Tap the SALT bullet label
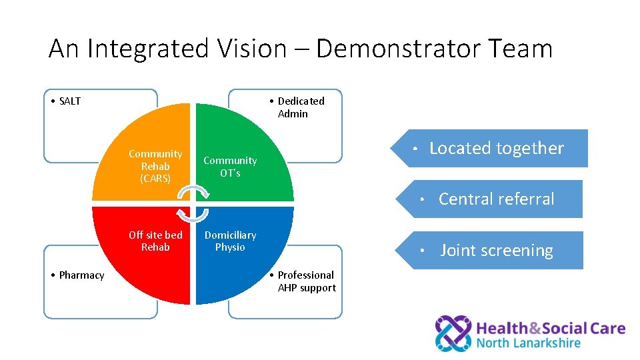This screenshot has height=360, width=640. click(66, 101)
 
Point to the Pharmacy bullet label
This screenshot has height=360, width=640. click(77, 275)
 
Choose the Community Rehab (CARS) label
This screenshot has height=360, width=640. click(155, 166)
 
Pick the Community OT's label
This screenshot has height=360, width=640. click(230, 167)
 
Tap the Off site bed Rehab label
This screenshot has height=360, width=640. click(155, 241)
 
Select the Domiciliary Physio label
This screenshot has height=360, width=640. click(230, 241)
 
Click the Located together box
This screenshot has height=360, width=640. click(497, 148)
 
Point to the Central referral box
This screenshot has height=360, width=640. click(497, 199)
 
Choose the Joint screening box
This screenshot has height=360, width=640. click(497, 251)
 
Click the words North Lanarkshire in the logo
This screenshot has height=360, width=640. click(529, 344)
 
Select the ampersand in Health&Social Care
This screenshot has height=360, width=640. click(533, 328)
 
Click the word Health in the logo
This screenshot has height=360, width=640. click(501, 328)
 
